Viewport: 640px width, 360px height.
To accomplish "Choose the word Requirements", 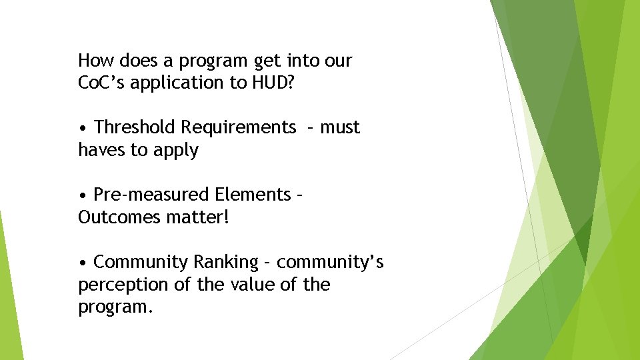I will click(x=239, y=128).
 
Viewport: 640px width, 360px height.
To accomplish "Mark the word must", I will click(x=340, y=127).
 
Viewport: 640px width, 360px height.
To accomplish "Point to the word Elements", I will click(x=253, y=195).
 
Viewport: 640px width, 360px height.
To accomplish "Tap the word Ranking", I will click(x=225, y=263).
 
